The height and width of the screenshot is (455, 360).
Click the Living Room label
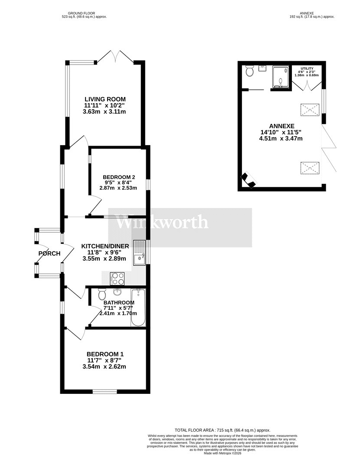(105, 99)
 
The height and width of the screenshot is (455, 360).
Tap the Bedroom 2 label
(119, 177)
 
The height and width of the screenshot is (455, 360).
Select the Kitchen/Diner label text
(105, 247)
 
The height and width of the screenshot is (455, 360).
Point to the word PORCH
(49, 253)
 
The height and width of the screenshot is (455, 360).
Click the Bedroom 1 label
(105, 354)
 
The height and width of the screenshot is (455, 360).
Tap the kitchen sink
(140, 253)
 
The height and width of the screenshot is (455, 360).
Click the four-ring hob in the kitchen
(117, 279)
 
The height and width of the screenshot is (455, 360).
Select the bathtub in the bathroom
(138, 308)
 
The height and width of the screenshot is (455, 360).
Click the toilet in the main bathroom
(102, 294)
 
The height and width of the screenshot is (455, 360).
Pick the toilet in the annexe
(250, 71)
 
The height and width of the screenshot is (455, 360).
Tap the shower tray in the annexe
(280, 77)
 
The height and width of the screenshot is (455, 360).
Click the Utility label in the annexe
(307, 68)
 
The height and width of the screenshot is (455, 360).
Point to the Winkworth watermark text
(162, 223)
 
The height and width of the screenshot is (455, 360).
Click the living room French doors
(115, 56)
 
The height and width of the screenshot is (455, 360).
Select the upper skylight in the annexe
(310, 110)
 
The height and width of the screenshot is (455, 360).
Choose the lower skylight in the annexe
(310, 168)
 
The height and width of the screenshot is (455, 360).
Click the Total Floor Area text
(223, 430)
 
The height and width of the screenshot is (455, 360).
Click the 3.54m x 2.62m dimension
(104, 367)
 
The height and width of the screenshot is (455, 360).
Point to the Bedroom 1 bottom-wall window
(105, 391)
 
